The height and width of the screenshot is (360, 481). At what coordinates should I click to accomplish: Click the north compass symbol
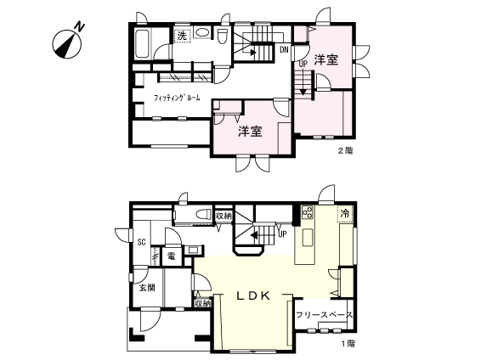click(67, 43)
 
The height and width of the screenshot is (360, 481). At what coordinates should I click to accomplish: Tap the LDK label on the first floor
click(253, 295)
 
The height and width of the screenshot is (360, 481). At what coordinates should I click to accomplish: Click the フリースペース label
click(325, 315)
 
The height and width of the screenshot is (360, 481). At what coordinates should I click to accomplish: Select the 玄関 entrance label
click(147, 288)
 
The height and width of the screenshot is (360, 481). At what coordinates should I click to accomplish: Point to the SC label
click(141, 242)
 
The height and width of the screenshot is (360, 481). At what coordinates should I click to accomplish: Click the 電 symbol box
click(172, 256)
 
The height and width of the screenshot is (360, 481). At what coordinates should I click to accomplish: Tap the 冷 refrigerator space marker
click(345, 214)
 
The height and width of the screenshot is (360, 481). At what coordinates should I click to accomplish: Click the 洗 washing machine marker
click(182, 36)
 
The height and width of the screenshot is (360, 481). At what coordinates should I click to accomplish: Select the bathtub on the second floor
click(143, 43)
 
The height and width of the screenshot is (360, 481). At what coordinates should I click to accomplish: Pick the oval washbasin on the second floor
click(202, 33)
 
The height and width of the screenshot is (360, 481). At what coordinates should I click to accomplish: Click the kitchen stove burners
click(308, 212)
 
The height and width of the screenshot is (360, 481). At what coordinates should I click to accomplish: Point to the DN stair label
click(284, 49)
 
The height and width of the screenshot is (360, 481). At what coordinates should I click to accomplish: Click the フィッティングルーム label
click(177, 98)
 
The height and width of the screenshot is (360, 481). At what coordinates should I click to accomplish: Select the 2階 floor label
click(345, 151)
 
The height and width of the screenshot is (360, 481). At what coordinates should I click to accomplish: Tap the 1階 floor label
click(348, 344)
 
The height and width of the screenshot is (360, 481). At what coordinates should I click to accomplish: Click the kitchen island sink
click(308, 238)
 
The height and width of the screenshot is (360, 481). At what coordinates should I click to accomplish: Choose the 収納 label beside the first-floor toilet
click(224, 216)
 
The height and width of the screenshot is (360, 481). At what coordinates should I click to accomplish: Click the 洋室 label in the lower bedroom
click(251, 132)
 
